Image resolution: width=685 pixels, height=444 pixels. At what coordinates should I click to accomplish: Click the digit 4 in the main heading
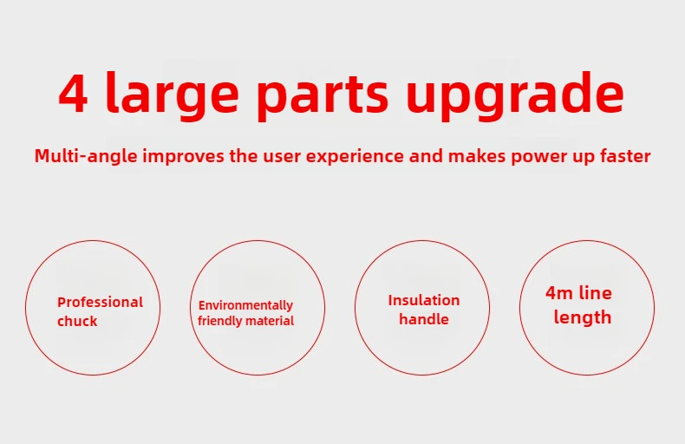[73, 94]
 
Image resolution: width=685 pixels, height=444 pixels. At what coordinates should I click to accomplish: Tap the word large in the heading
[173, 95]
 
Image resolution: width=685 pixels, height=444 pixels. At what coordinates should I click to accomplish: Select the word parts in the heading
[323, 98]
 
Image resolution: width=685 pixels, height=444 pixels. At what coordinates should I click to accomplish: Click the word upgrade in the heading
[515, 95]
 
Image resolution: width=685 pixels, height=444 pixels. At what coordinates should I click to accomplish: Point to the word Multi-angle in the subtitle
[86, 156]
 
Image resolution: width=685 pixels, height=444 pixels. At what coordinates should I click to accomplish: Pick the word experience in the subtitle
[355, 156]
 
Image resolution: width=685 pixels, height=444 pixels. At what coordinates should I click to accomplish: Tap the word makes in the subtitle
[477, 155]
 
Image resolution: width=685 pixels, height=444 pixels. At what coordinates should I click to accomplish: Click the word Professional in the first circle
[100, 302]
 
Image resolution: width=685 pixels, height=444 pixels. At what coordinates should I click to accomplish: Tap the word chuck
[77, 321]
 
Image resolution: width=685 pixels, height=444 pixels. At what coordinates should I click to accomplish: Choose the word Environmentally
[245, 305]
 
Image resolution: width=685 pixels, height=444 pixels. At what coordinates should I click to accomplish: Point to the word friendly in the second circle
[219, 321]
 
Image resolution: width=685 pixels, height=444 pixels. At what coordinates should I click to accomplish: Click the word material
[269, 321]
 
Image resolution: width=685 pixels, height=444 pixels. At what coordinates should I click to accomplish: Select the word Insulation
[424, 300]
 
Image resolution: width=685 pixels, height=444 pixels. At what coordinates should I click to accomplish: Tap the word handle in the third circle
[424, 319]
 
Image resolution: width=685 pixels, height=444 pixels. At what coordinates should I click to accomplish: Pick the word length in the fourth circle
[583, 317]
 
